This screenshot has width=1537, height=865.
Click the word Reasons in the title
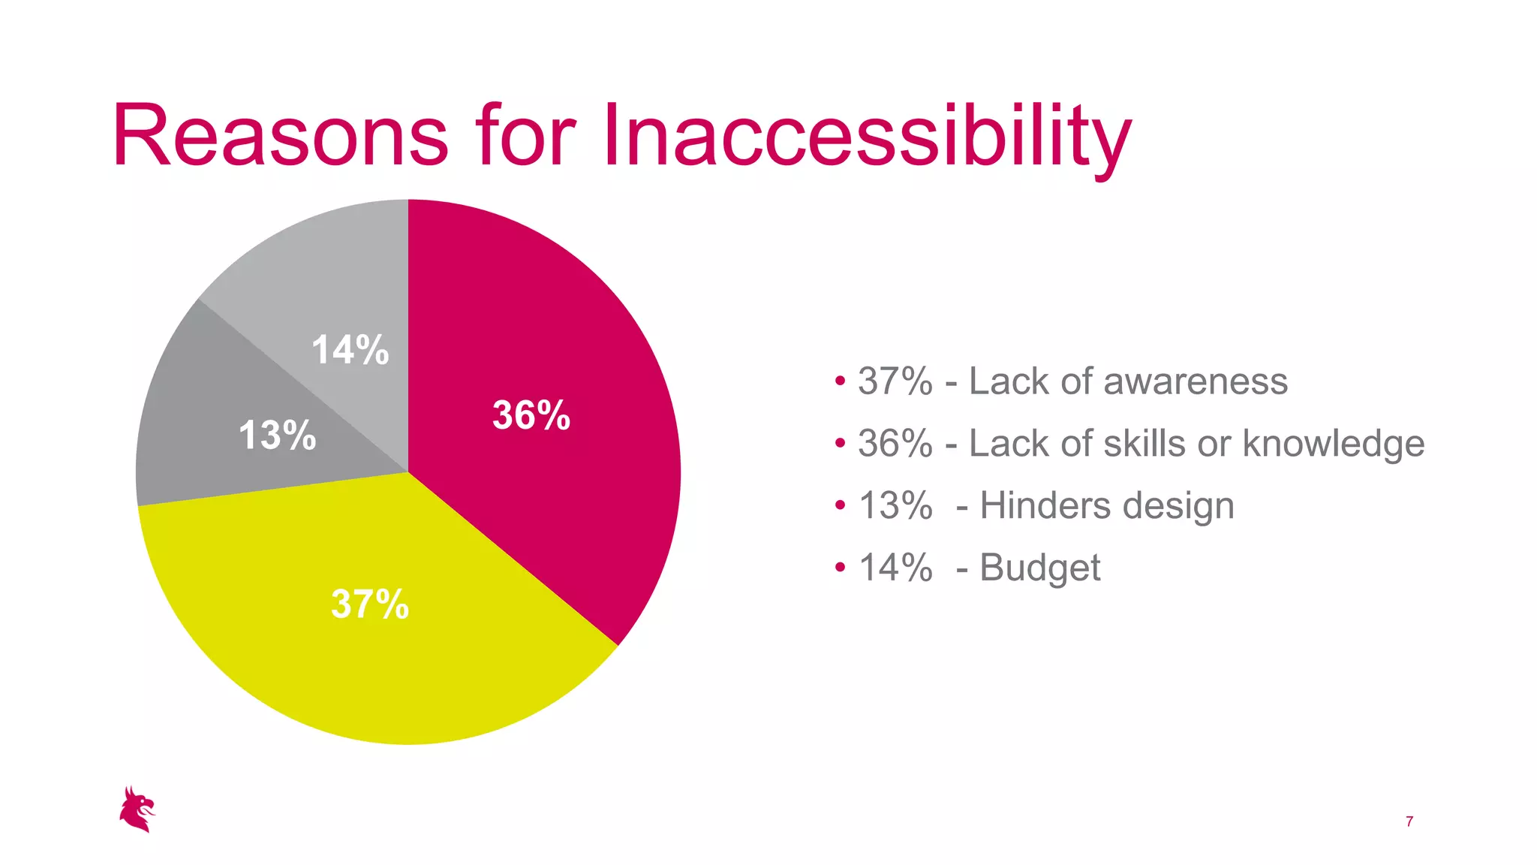(x=280, y=137)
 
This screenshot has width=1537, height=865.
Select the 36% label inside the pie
(x=531, y=415)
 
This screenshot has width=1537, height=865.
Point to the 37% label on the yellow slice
(x=370, y=604)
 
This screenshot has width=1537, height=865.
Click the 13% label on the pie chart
(x=277, y=436)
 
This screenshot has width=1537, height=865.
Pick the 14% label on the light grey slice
(x=350, y=350)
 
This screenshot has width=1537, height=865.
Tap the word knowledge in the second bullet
(x=1333, y=444)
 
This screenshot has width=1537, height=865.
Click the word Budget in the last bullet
(x=1039, y=568)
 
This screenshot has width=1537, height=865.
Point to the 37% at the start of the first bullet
(x=895, y=381)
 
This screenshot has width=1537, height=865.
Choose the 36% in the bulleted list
(x=895, y=444)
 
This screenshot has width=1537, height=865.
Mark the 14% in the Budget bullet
(x=895, y=568)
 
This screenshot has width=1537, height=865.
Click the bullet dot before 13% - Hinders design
(x=840, y=505)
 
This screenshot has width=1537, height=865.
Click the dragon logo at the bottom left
(x=137, y=809)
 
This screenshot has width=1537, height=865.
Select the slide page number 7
(x=1409, y=821)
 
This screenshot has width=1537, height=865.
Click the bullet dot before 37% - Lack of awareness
(x=840, y=381)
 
